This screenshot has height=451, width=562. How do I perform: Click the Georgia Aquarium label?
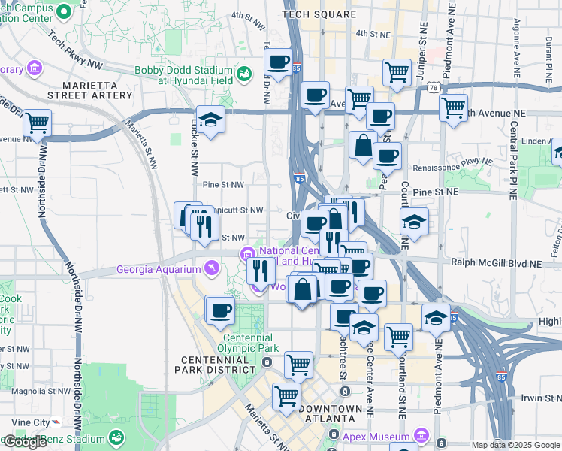point(159,270)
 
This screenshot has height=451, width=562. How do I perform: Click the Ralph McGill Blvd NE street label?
point(496,263)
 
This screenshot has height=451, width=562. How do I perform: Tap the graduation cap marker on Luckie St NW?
point(211,120)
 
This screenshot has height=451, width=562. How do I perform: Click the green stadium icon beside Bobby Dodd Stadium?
point(244,74)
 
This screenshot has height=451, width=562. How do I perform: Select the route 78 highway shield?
point(434,88)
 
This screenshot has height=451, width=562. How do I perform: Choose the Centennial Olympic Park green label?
point(249,342)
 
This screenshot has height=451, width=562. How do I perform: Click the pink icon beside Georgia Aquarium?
point(211,268)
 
